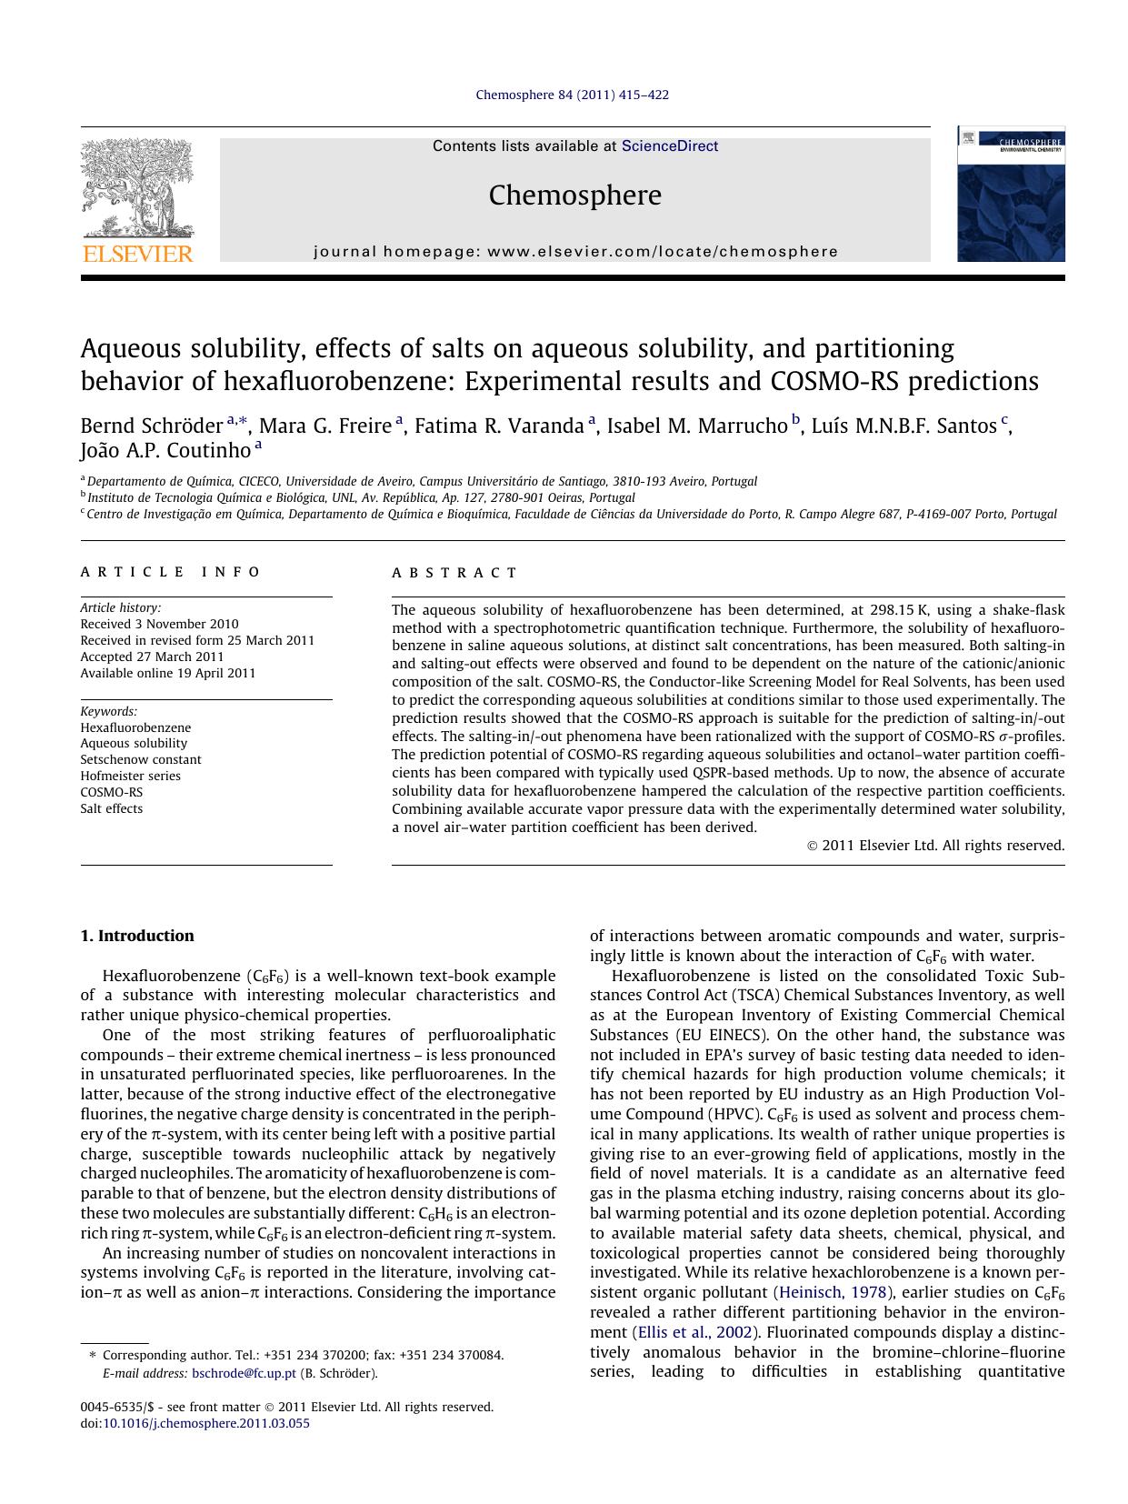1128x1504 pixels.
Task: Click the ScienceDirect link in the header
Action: [x=669, y=146]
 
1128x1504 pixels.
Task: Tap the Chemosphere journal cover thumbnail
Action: [x=1010, y=195]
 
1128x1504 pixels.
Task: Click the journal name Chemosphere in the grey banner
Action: [x=574, y=196]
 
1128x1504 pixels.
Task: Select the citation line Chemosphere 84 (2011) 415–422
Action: [x=573, y=95]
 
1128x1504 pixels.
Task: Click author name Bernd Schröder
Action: [x=152, y=426]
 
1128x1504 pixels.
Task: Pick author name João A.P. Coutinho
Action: [x=165, y=450]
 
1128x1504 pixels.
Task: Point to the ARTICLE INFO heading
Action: [x=170, y=572]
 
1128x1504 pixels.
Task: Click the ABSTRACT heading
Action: [x=454, y=573]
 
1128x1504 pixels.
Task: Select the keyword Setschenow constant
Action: [x=141, y=759]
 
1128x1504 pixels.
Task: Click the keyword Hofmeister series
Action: [x=130, y=776]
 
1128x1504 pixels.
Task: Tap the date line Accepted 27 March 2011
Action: [x=152, y=657]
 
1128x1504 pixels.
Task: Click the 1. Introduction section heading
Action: [x=137, y=936]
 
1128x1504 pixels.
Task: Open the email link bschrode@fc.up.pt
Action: [x=244, y=1373]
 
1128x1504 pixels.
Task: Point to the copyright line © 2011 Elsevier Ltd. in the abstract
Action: [x=935, y=846]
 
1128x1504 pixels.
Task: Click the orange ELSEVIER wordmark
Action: [x=137, y=254]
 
